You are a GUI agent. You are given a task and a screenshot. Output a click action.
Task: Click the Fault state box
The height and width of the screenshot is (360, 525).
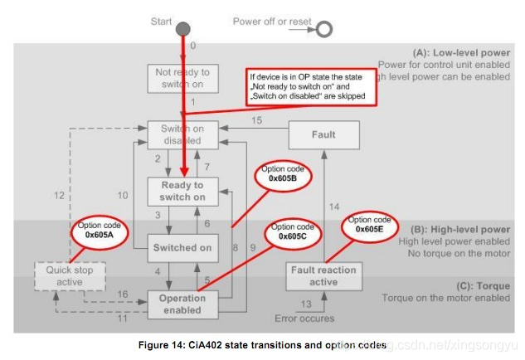click(323, 134)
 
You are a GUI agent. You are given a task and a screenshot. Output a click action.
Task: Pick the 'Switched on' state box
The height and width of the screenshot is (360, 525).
click(182, 247)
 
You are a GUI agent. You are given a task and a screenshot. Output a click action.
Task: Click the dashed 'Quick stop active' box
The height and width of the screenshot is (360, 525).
click(70, 275)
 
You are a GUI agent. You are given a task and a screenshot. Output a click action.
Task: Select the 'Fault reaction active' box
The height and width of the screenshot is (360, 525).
click(323, 275)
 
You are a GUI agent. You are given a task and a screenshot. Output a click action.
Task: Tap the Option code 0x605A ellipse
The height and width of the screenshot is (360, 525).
click(99, 231)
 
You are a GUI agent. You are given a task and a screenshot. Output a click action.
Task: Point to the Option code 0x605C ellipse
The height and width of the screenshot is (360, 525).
click(292, 231)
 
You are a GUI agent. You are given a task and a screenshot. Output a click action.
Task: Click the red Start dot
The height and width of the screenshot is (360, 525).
click(183, 31)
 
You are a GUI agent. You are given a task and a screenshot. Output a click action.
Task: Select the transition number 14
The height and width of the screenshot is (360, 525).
click(335, 206)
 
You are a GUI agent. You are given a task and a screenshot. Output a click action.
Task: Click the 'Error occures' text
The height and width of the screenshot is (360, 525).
click(304, 319)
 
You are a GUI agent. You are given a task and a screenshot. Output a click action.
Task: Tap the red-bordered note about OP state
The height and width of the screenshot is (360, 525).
click(311, 85)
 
